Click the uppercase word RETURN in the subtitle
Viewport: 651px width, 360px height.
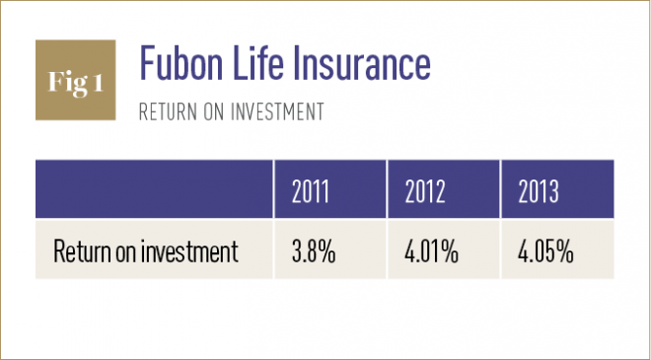[169, 112]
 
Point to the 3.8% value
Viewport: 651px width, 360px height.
[315, 252]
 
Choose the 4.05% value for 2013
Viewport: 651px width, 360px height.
[544, 252]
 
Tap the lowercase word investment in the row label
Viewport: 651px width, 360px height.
[189, 252]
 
